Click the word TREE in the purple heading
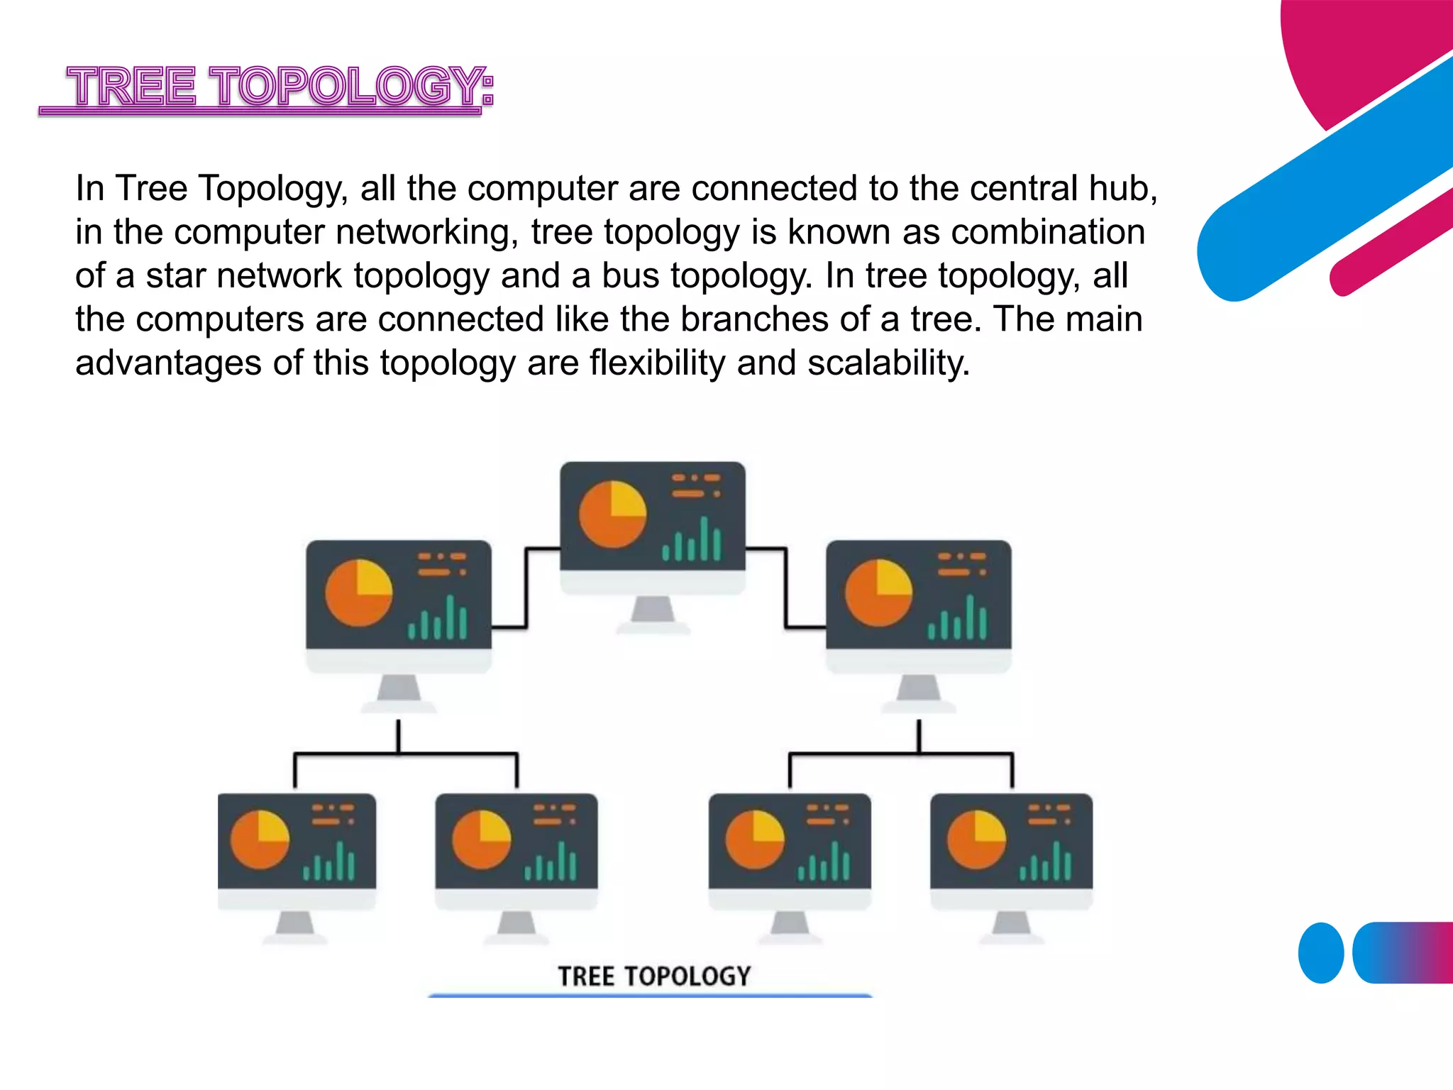coord(131,87)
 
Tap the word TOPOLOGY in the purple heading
coord(348,87)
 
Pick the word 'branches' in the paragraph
coord(754,319)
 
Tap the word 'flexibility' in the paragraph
coord(657,363)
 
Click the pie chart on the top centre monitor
coord(612,514)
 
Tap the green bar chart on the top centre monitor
coord(692,541)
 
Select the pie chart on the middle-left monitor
coord(358,593)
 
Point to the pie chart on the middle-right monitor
coord(878,593)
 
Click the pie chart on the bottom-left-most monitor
coord(260,839)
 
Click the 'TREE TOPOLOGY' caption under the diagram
coord(653,976)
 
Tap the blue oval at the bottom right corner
coord(1320,953)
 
